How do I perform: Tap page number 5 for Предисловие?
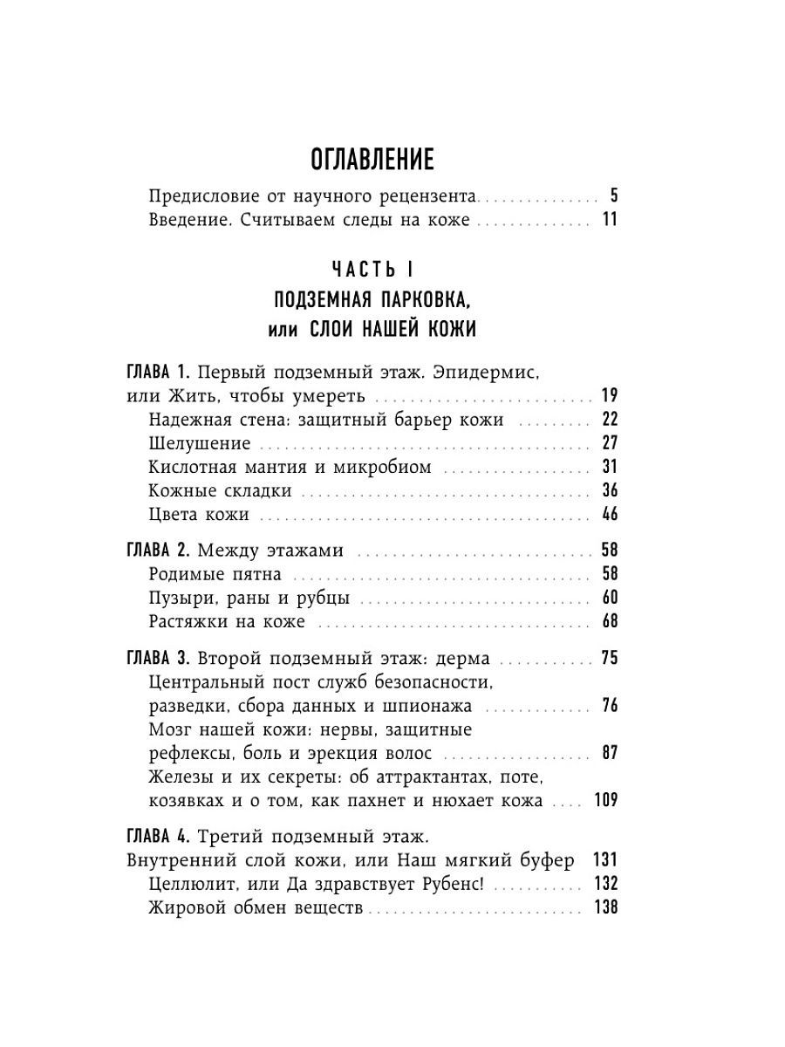(x=613, y=195)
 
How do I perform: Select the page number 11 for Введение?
(x=609, y=220)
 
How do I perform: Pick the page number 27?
(x=609, y=443)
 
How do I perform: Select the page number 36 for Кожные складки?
(x=609, y=490)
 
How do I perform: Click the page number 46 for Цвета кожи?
(x=609, y=514)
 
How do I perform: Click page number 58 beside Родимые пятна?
(x=609, y=575)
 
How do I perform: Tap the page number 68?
(x=609, y=622)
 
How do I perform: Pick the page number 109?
(x=604, y=800)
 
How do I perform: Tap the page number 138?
(x=604, y=908)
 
